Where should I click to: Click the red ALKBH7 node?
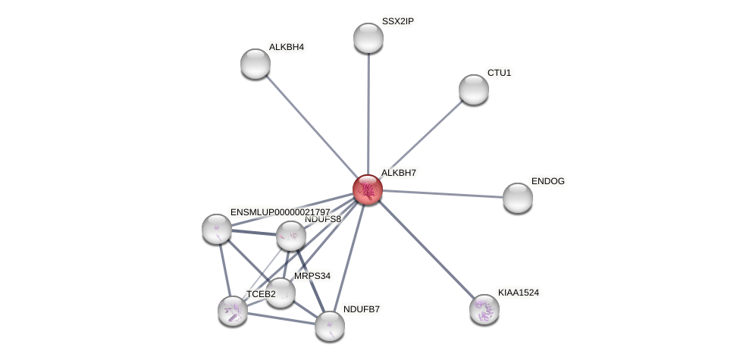[368, 189]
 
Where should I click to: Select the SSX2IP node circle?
[368, 38]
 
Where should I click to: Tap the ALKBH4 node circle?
[256, 64]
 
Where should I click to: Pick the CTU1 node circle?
[474, 89]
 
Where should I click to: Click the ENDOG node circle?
[518, 198]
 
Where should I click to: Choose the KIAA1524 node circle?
[484, 309]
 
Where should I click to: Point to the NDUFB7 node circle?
[330, 326]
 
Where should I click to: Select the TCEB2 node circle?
[233, 310]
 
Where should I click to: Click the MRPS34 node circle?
[281, 293]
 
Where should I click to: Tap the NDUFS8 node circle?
[291, 236]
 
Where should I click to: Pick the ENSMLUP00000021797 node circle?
[217, 229]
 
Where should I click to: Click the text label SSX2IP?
[398, 21]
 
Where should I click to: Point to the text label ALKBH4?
[286, 47]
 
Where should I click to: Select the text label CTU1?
[499, 73]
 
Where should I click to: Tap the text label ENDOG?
[547, 181]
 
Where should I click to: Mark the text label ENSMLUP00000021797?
[280, 212]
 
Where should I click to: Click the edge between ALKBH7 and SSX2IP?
[368, 114]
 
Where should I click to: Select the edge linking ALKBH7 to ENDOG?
[447, 194]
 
